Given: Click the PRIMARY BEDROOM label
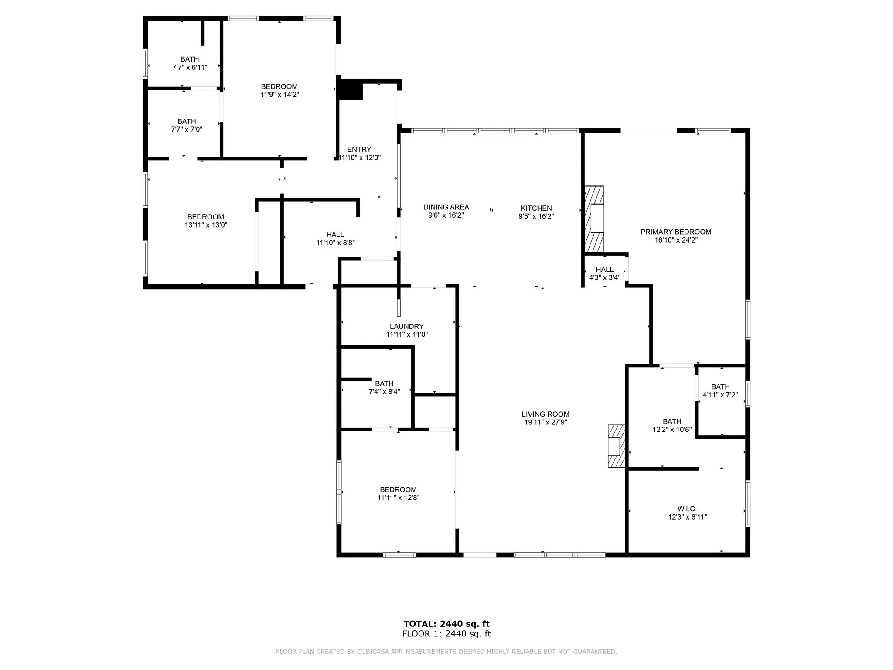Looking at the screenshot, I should (x=675, y=232).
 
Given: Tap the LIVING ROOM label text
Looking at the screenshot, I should (x=545, y=414).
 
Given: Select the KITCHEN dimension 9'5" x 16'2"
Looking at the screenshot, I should (x=536, y=216).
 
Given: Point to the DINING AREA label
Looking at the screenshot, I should (x=446, y=207).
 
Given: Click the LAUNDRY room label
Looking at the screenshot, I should (x=406, y=326).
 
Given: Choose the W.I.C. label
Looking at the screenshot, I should (x=687, y=509).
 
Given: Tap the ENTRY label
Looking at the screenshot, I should (x=359, y=150).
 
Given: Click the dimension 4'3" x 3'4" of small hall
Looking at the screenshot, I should (x=604, y=277).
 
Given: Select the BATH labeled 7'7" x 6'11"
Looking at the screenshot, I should (x=189, y=59).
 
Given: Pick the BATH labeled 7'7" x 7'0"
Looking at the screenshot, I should (x=186, y=121).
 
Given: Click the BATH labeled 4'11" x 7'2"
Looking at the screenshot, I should (x=720, y=386).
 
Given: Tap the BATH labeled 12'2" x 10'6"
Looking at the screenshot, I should (x=671, y=421).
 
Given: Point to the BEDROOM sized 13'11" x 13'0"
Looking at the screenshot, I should (x=205, y=217).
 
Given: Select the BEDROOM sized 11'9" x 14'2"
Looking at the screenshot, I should (x=279, y=86).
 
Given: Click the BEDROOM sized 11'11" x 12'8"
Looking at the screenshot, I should (x=398, y=489).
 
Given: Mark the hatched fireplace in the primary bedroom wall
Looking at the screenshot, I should (x=594, y=219).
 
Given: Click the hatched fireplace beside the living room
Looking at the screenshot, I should (x=617, y=446).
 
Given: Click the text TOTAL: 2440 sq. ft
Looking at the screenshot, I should (x=446, y=624).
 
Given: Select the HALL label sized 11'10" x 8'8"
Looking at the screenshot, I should (x=335, y=235).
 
